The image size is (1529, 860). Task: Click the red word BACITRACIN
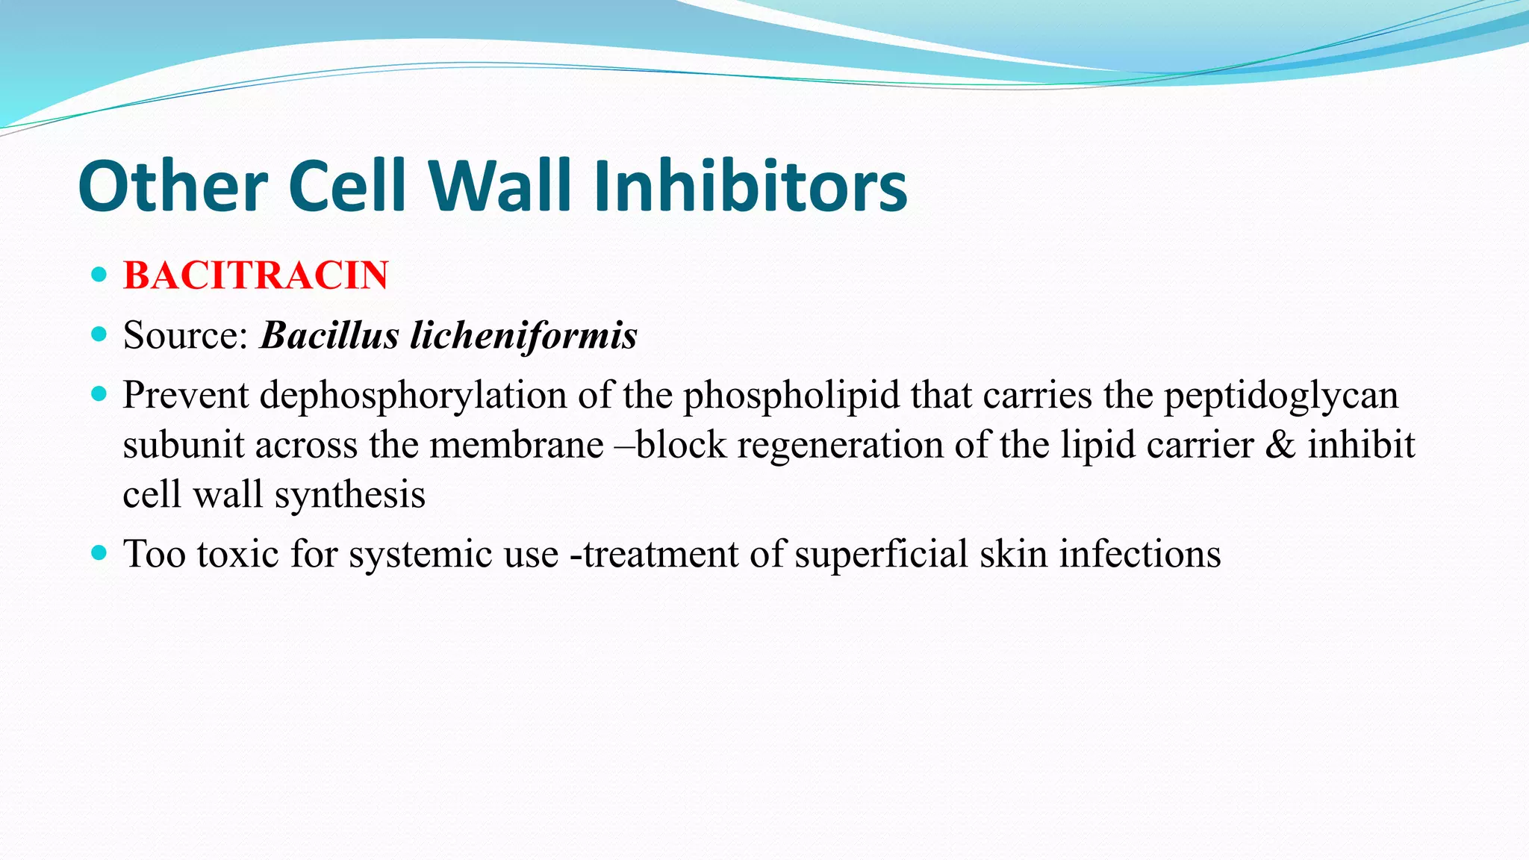[255, 275]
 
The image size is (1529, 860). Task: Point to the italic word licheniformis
[523, 335]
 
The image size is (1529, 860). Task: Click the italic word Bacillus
[329, 335]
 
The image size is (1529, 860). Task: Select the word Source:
[185, 335]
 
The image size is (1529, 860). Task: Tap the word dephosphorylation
[413, 396]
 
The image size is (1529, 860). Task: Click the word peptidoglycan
[1281, 396]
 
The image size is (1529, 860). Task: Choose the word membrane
[517, 446]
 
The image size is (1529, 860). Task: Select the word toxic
[237, 555]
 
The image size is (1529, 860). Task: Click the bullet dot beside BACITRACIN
[99, 274]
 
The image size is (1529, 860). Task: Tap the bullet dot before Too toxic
[99, 553]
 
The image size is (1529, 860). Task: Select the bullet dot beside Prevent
[99, 393]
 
